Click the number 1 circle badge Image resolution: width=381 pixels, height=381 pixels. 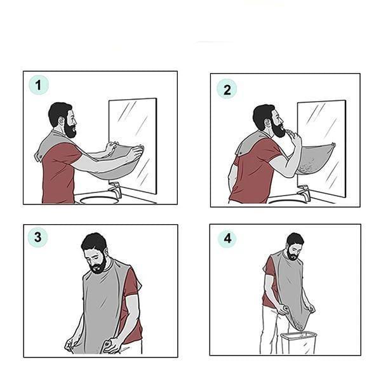pyautogui.click(x=39, y=85)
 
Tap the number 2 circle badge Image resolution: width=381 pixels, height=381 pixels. pyautogui.click(x=227, y=89)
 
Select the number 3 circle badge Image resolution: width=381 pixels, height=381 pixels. pyautogui.click(x=37, y=237)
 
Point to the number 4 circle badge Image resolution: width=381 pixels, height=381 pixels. pyautogui.click(x=227, y=238)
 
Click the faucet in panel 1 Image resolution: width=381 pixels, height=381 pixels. pyautogui.click(x=115, y=189)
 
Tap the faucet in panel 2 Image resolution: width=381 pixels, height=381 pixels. pyautogui.click(x=304, y=192)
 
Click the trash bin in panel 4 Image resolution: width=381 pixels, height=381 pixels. pyautogui.click(x=299, y=343)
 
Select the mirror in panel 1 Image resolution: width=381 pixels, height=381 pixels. pyautogui.click(x=133, y=145)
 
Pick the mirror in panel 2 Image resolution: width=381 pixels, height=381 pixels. pyautogui.click(x=321, y=148)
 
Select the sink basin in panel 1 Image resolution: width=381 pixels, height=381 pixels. pyautogui.click(x=99, y=200)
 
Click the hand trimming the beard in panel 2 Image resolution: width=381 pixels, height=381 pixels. pyautogui.click(x=293, y=137)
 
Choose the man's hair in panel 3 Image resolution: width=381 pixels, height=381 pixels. pyautogui.click(x=94, y=243)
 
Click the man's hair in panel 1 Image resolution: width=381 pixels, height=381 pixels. pyautogui.click(x=59, y=113)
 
